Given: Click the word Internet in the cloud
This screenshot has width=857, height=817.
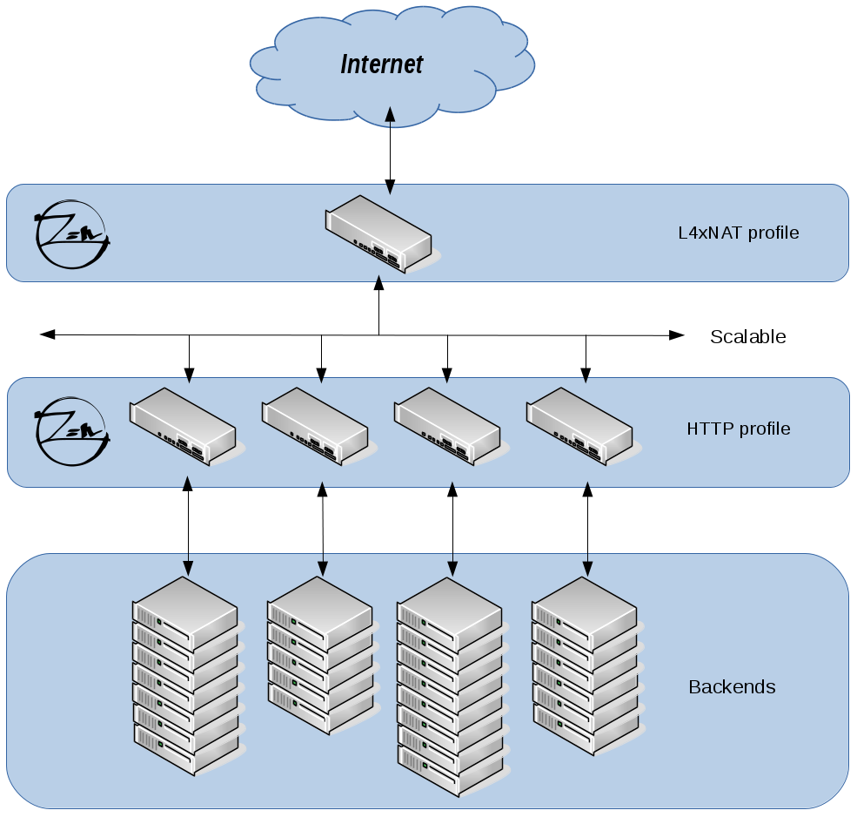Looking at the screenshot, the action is [x=381, y=64].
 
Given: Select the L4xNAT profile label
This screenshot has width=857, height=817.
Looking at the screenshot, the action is [x=739, y=233].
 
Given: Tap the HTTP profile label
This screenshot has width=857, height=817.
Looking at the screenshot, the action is [x=739, y=429].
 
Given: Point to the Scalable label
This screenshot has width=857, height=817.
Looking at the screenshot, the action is [x=747, y=336].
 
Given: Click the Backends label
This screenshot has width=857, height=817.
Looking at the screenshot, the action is [x=732, y=686].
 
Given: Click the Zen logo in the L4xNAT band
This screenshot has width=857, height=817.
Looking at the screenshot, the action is [x=72, y=234].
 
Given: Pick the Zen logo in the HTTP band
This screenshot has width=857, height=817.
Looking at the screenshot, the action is [x=72, y=432].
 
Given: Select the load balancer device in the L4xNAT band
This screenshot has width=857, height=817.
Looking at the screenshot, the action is [x=380, y=234].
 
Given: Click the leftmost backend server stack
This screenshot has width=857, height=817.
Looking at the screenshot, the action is [x=186, y=676].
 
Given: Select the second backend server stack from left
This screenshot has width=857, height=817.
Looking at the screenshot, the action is [x=321, y=656].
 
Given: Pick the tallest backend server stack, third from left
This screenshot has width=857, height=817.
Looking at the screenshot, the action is [x=451, y=687].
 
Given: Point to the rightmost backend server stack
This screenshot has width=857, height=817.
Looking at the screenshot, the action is [x=586, y=666].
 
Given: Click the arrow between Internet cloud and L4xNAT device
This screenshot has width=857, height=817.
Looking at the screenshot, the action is [x=391, y=151].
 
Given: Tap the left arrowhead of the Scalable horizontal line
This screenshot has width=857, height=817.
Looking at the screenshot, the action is [x=48, y=334].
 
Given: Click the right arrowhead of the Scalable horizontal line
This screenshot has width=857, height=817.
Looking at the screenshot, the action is [x=677, y=334].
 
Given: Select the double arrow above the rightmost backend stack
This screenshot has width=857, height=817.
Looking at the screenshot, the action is [x=587, y=530].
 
